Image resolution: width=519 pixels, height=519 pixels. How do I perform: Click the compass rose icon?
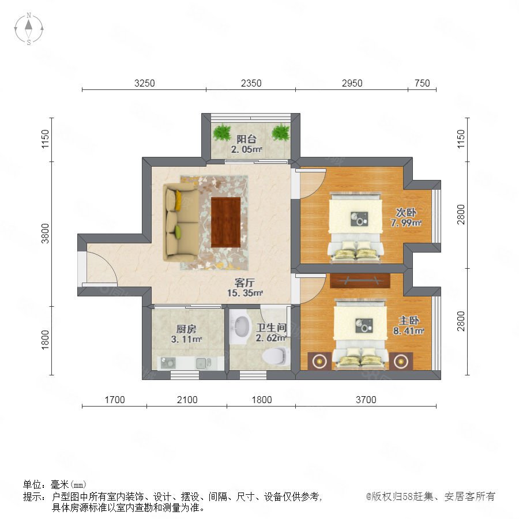click(x=29, y=28)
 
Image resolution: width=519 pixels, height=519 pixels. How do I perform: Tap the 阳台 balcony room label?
click(x=246, y=139)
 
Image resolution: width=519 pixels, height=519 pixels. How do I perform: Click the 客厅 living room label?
click(x=245, y=283)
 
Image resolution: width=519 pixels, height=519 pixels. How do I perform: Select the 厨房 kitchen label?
click(x=186, y=329)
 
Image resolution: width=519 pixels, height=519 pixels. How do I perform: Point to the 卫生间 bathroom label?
click(x=271, y=328)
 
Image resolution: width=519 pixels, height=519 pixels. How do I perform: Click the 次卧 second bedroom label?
click(x=406, y=212)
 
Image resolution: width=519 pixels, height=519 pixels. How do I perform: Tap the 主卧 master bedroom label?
click(x=409, y=321)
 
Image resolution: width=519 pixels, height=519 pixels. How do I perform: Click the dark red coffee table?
click(x=225, y=222)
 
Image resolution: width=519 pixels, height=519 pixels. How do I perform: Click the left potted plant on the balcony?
click(x=221, y=132)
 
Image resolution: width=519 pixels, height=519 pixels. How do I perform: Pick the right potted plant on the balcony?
click(x=281, y=132)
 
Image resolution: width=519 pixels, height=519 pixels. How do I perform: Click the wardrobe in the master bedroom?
click(x=360, y=281)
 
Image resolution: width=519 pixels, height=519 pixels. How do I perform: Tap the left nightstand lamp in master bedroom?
click(x=319, y=361)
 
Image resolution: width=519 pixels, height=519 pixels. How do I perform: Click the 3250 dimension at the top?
click(x=144, y=83)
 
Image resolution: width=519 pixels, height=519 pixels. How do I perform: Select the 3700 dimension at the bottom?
click(x=366, y=400)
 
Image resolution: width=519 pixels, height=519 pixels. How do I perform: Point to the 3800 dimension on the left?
click(x=45, y=234)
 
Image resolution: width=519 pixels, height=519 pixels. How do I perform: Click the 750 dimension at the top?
click(x=422, y=83)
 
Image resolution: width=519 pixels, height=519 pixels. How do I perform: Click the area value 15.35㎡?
click(x=245, y=293)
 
